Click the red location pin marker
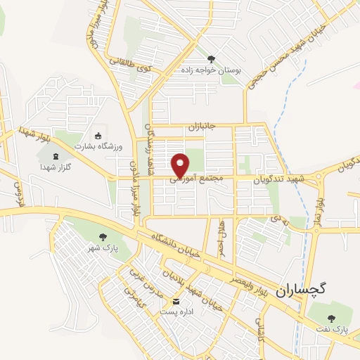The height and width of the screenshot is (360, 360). [x=181, y=164]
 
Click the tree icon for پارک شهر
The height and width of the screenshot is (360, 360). [x=103, y=237]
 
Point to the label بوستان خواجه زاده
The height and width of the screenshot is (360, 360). [x=212, y=70]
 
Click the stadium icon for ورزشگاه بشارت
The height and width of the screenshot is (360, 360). [x=98, y=135]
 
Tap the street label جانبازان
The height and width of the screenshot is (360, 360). [x=205, y=127]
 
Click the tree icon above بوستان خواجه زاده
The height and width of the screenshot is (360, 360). [x=212, y=58]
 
